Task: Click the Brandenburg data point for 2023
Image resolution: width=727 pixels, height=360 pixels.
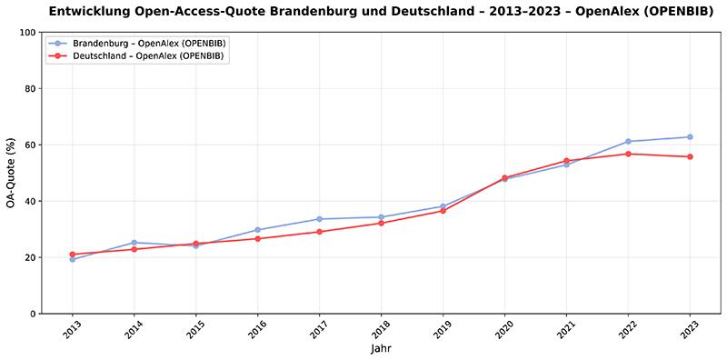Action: [690, 137]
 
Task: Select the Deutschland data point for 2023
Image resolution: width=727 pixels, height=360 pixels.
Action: [690, 156]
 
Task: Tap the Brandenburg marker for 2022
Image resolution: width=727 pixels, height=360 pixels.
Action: [628, 142]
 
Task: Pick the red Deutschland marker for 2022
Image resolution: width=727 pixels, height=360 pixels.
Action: [628, 154]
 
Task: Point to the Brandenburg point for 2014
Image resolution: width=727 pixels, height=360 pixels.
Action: [134, 243]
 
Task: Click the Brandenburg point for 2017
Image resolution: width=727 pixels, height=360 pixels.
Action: [319, 219]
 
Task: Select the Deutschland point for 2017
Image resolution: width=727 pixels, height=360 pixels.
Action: [319, 232]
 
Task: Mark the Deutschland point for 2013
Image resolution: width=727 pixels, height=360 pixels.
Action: [73, 255]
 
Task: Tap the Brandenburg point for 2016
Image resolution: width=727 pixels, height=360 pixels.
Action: [258, 230]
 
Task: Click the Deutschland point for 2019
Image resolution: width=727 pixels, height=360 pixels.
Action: [443, 211]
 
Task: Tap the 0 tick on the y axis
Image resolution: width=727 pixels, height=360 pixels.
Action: [34, 314]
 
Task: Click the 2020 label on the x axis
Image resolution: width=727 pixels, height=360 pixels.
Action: [503, 329]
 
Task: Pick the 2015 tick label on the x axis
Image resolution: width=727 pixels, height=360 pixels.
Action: [195, 329]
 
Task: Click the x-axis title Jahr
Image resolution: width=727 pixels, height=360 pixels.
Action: [381, 349]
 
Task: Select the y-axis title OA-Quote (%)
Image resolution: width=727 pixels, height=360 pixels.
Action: [12, 173]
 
